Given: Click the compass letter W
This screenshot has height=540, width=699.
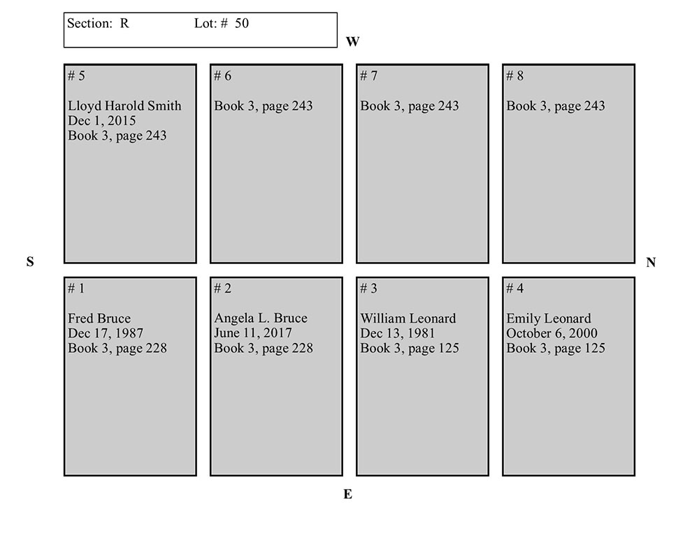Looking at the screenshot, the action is click(352, 41).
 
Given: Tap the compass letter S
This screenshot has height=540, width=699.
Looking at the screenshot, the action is click(30, 261).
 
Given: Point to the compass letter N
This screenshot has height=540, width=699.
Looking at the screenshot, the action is click(651, 263).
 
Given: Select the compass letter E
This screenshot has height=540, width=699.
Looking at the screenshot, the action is click(347, 494).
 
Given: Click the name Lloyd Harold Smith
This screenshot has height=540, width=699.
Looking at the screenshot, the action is click(124, 105).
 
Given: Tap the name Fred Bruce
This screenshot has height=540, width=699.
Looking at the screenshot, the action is click(99, 318).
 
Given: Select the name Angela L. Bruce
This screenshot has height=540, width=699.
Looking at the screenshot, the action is click(260, 318).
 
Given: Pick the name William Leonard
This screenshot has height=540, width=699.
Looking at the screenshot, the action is click(408, 318).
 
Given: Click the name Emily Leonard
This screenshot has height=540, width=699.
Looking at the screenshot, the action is click(548, 318).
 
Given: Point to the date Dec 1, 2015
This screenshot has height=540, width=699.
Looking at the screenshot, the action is click(101, 120).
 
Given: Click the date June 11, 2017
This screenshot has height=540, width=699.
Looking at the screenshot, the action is click(253, 333).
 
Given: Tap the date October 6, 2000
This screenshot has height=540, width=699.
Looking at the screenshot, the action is click(552, 333).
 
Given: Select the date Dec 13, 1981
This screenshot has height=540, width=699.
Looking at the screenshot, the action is click(397, 333).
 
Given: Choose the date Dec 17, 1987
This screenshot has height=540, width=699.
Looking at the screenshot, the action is click(106, 333).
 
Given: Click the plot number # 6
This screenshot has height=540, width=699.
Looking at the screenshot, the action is click(222, 75).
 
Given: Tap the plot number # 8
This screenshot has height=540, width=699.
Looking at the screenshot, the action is click(514, 75).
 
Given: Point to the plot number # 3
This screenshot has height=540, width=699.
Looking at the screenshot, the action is click(368, 289).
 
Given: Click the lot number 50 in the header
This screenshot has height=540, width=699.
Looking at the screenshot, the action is click(242, 23).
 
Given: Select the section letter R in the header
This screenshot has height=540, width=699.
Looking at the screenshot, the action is click(124, 23).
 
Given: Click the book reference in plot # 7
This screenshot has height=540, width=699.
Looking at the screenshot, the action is click(409, 105).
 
